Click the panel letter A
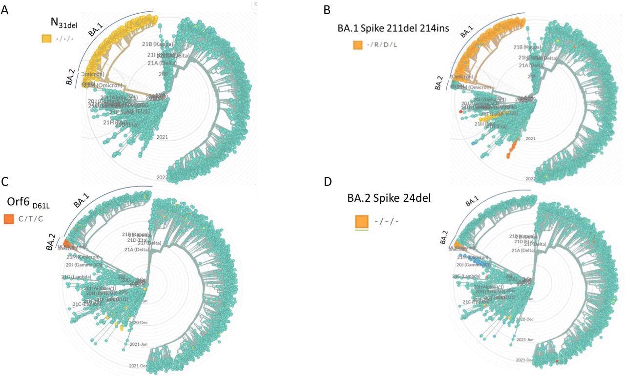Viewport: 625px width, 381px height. pyautogui.click(x=4, y=9)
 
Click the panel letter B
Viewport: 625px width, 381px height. pyautogui.click(x=327, y=9)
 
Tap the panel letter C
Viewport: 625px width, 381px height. pyautogui.click(x=4, y=182)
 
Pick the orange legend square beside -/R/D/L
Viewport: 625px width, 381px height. pyautogui.click(x=358, y=45)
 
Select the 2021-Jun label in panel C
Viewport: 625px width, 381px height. pyautogui.click(x=139, y=344)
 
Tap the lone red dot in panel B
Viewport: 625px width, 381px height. pyautogui.click(x=460, y=112)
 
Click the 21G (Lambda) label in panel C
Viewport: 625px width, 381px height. pyautogui.click(x=73, y=277)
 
